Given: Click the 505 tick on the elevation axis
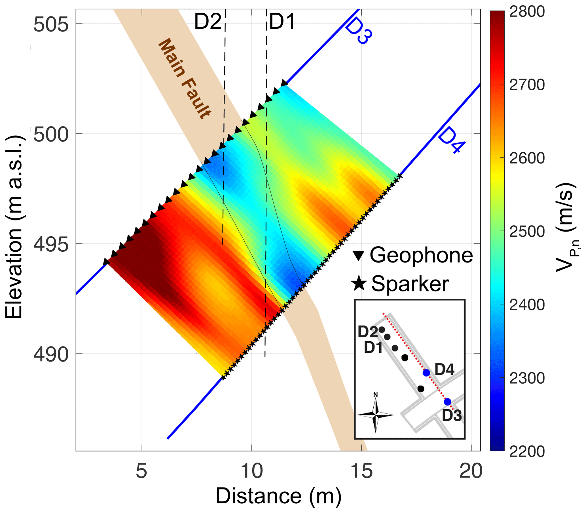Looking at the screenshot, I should tap(51, 25).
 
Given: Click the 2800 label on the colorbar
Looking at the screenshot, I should tap(527, 12).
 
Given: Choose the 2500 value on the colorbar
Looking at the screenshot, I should tap(527, 232).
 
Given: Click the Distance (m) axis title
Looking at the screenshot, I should tap(278, 496).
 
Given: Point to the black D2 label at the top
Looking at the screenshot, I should tap(208, 22).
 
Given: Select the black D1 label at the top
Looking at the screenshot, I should tap(282, 22).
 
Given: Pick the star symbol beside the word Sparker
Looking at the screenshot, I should tap(359, 284).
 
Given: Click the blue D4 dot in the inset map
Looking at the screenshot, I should tap(426, 373).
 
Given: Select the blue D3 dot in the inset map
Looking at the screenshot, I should tap(447, 402).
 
